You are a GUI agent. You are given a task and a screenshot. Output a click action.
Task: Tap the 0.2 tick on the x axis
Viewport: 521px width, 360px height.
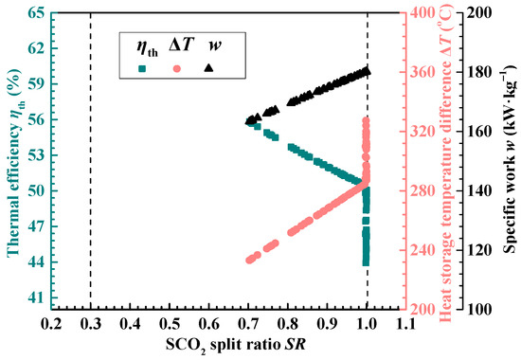[x=51, y=324]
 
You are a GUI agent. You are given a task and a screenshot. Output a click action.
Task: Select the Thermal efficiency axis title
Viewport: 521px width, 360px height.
[x=12, y=161]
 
